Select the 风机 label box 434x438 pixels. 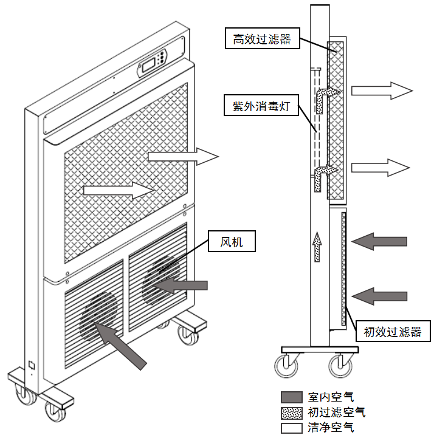231,243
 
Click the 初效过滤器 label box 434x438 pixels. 392,332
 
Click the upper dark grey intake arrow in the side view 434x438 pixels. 379,242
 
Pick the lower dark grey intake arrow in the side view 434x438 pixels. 379,296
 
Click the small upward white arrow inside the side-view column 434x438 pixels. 317,245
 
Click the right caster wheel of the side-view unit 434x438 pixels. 339,365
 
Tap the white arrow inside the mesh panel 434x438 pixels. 117,190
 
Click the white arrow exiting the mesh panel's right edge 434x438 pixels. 182,157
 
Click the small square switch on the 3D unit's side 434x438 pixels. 31,366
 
